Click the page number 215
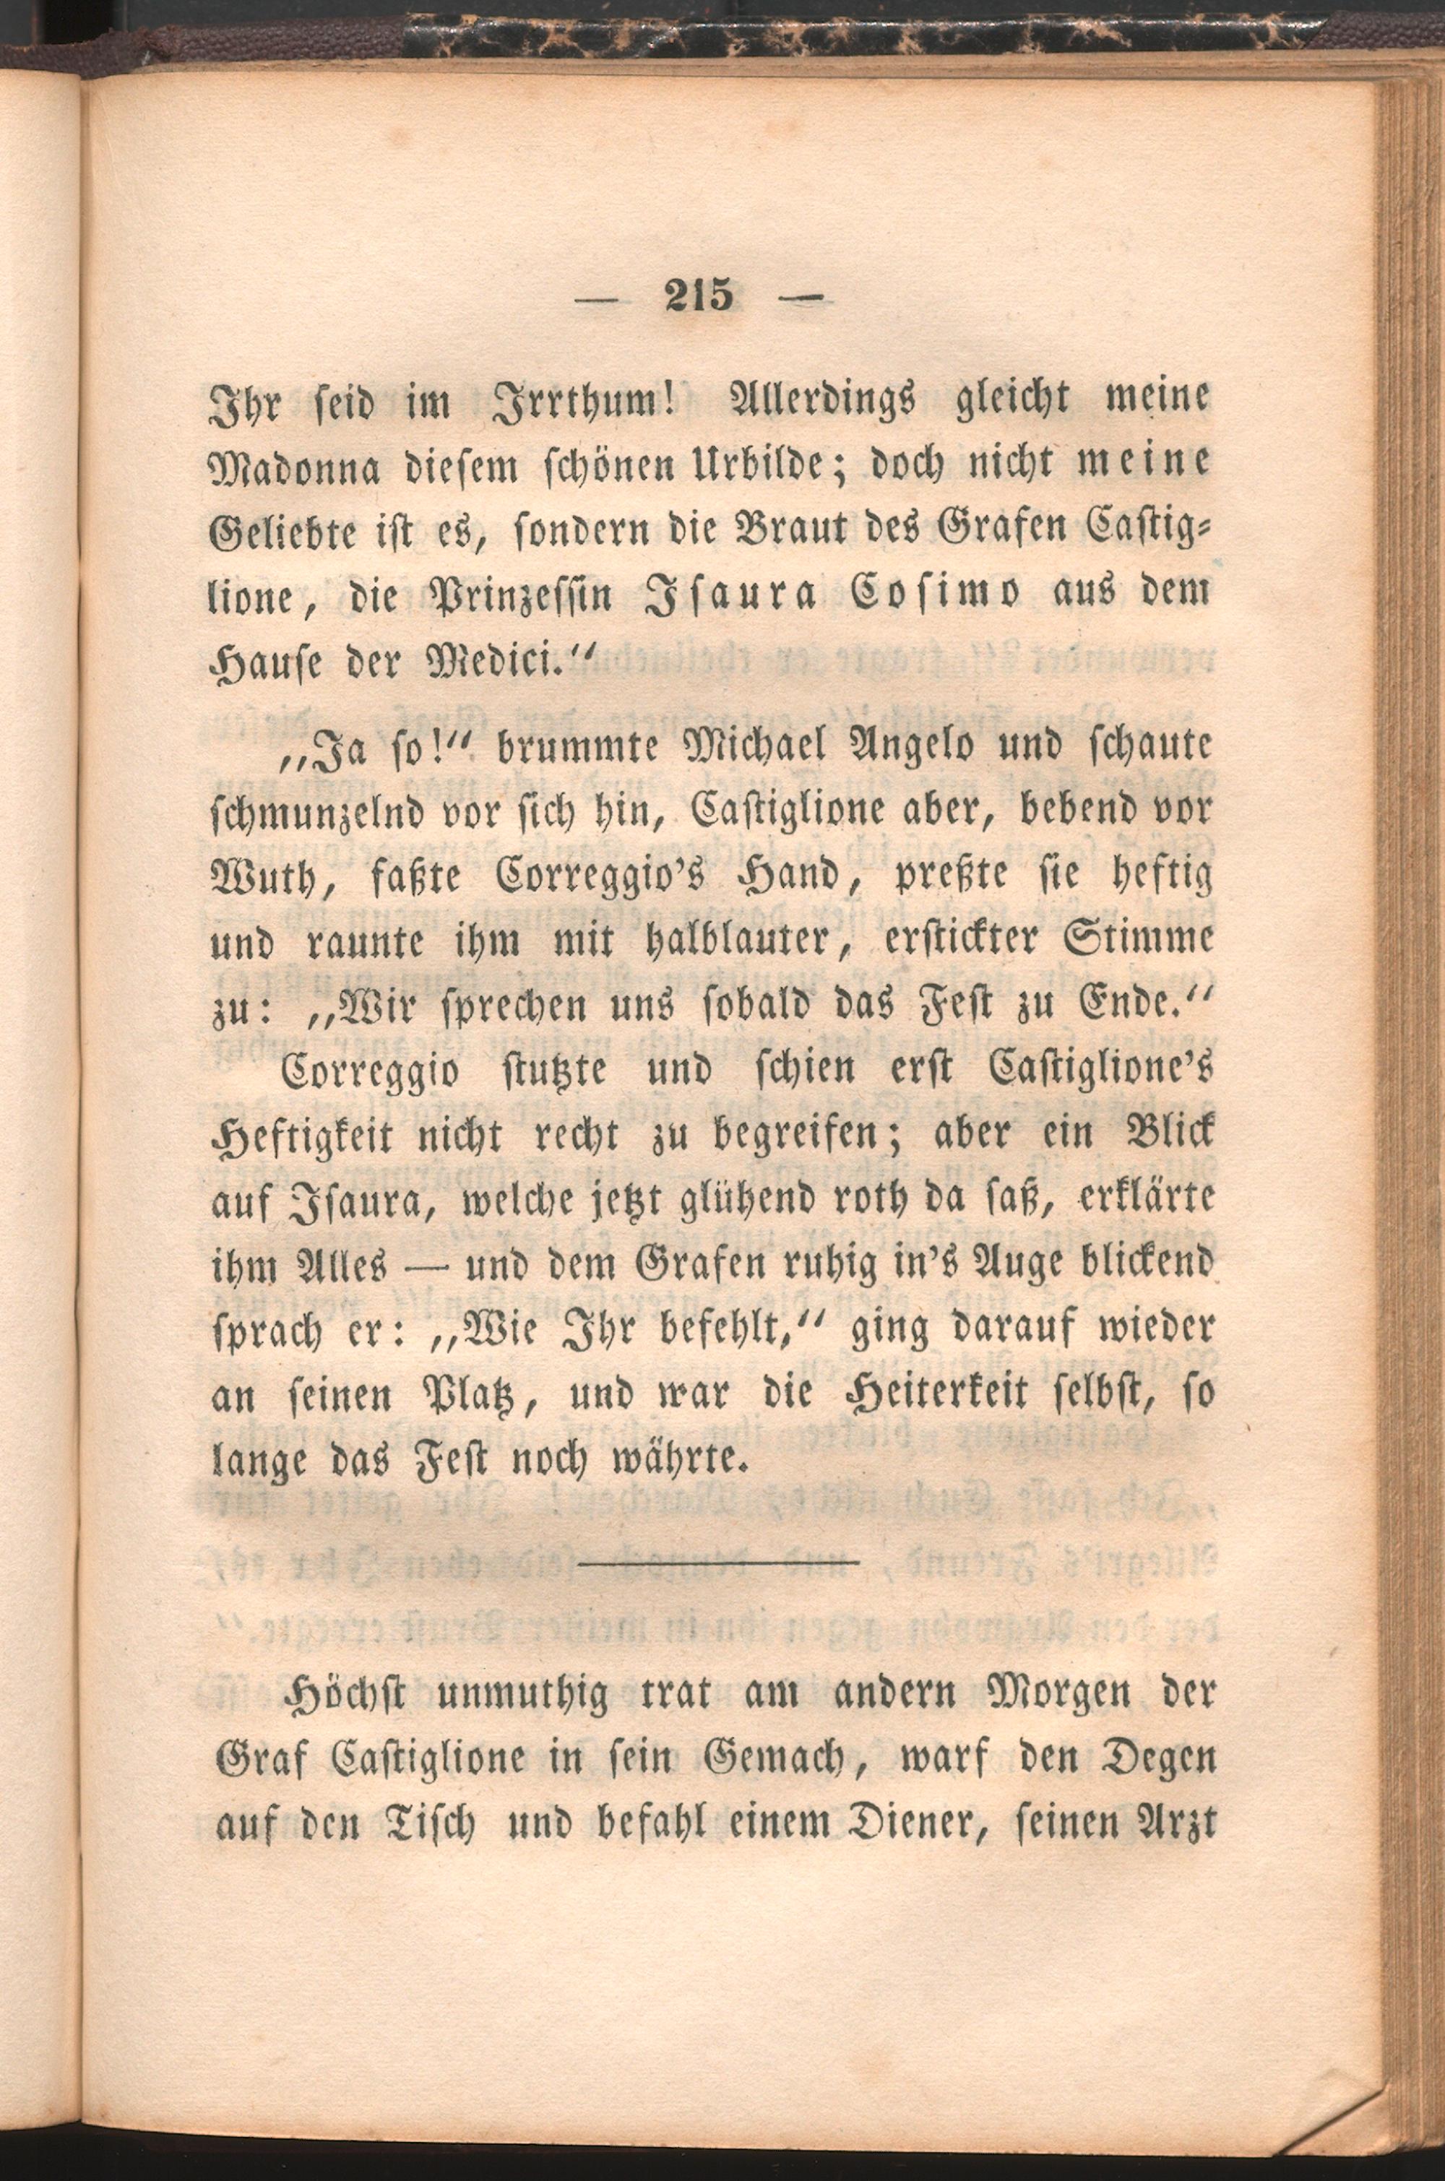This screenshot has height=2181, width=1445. (x=698, y=295)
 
